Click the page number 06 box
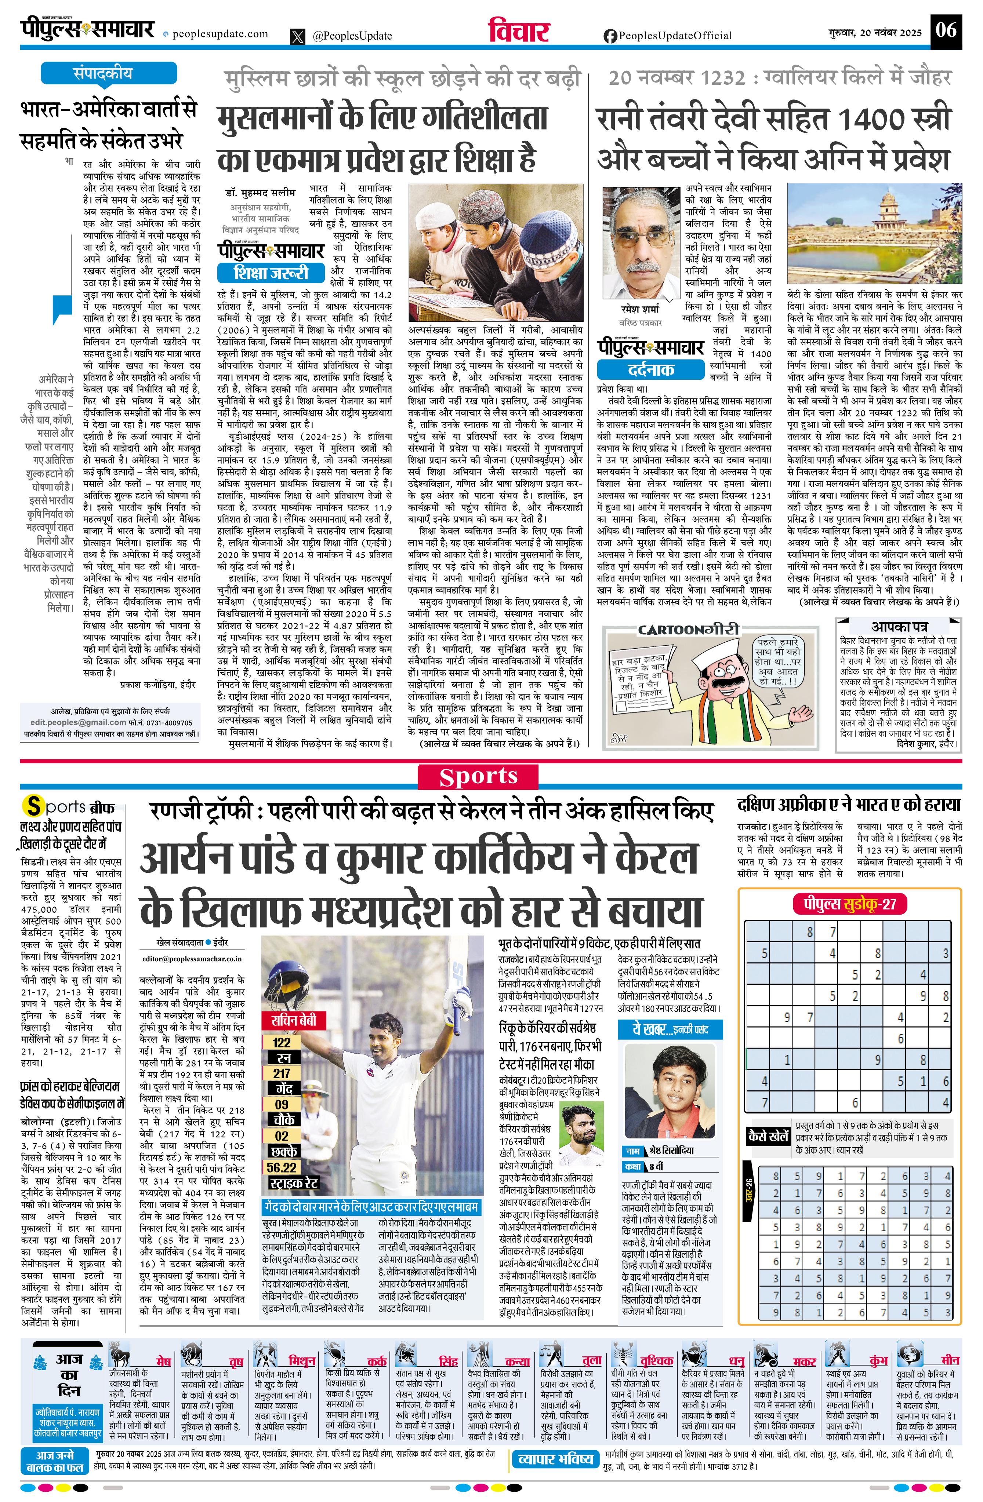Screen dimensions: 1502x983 946,30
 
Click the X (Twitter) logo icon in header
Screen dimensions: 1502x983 297,37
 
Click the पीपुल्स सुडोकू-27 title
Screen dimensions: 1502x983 850,904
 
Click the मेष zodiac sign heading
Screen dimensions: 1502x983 163,1361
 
